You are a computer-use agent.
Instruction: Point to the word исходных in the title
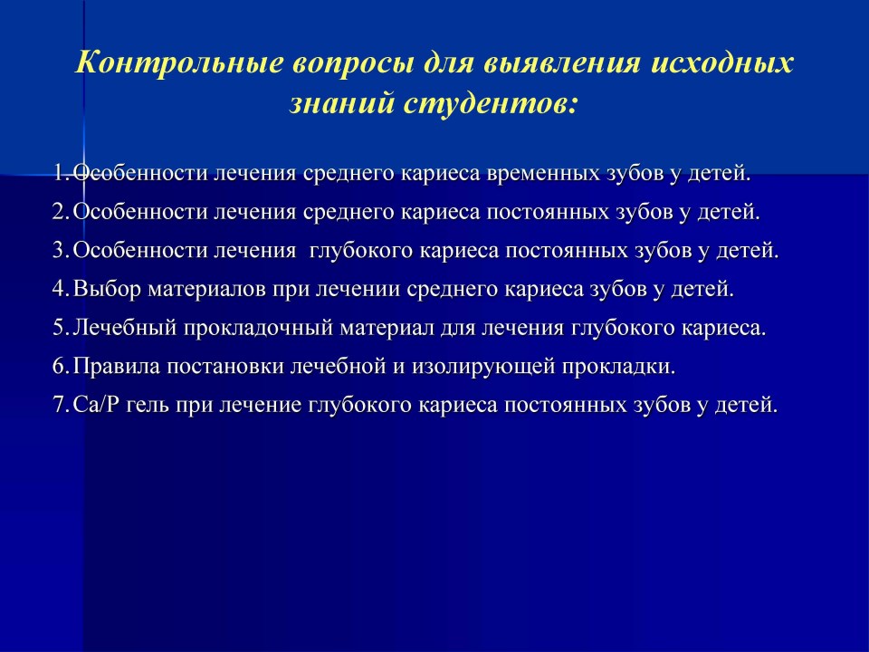click(722, 63)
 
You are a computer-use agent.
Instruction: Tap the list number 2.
click(60, 212)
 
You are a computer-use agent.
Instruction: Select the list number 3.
click(60, 251)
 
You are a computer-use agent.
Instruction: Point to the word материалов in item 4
click(207, 290)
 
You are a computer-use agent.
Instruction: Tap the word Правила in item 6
click(117, 367)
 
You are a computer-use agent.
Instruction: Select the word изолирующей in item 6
click(483, 368)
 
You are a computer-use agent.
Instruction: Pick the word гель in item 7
click(148, 406)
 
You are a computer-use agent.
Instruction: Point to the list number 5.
click(60, 328)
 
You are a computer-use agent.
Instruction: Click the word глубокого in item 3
click(360, 251)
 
